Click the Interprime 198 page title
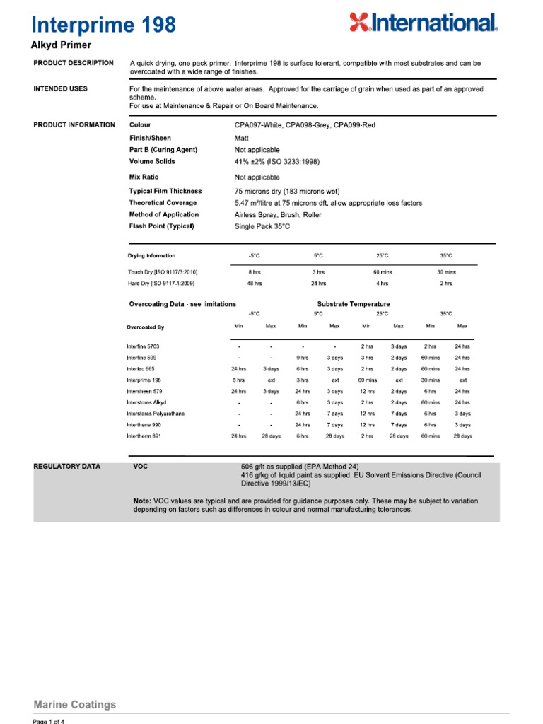pos(103,25)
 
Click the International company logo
pos(424,23)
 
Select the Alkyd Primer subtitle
pos(61,45)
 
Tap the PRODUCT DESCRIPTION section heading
pos(73,63)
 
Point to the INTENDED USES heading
pos(61,89)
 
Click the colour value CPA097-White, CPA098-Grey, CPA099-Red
pos(305,124)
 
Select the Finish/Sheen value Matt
pos(243,138)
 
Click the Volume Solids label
pos(152,162)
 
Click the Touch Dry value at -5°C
pos(254,271)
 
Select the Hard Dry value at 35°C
pos(446,283)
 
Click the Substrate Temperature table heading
pos(353,304)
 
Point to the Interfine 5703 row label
pos(143,346)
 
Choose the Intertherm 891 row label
pos(144,436)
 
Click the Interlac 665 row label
pos(140,368)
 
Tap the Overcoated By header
pos(145,327)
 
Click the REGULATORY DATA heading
pos(67,467)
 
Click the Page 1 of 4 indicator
pos(49,721)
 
